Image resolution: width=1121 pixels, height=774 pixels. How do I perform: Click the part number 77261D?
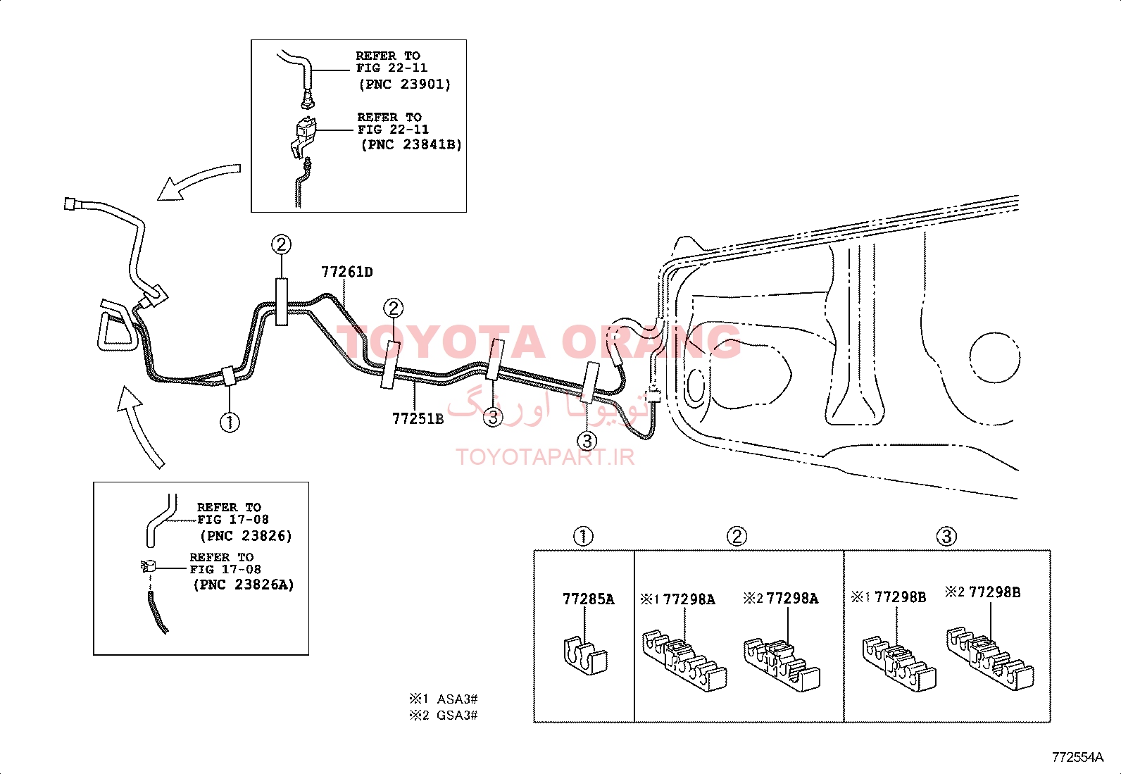(x=347, y=272)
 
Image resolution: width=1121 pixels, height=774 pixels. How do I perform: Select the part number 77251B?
(x=418, y=418)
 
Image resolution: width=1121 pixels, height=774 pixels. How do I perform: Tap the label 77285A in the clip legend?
(x=589, y=599)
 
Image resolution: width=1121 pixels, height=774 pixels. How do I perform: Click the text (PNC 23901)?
(x=405, y=84)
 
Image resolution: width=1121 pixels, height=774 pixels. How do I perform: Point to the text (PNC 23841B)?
(x=411, y=144)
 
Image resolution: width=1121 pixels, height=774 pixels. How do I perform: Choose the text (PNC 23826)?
(x=246, y=536)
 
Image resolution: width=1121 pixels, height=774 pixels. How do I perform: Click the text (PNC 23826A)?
(x=244, y=585)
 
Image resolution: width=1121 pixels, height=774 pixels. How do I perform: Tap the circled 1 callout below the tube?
(x=230, y=423)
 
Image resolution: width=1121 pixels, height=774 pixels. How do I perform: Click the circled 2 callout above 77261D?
(x=281, y=244)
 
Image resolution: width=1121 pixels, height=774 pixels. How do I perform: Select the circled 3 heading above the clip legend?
(x=946, y=536)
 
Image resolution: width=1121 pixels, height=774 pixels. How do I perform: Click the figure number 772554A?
(x=1077, y=757)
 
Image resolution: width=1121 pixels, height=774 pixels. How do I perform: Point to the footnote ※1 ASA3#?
(x=444, y=699)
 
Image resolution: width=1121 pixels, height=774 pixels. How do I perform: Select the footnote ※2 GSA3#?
(x=444, y=715)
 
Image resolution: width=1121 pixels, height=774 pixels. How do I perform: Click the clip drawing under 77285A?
(x=583, y=656)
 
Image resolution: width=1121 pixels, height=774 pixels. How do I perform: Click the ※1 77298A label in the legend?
(x=677, y=599)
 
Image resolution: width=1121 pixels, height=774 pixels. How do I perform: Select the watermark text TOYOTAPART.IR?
(x=545, y=457)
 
